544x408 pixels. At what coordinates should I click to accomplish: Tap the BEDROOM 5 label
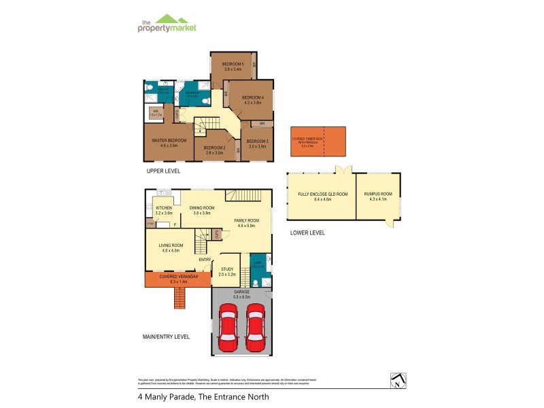point(233,66)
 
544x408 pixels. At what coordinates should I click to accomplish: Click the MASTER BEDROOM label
point(168,143)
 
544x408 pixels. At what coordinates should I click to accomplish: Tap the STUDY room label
point(227,271)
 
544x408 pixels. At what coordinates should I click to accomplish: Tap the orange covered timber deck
point(318,142)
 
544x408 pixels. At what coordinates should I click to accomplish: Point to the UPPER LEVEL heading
point(163,171)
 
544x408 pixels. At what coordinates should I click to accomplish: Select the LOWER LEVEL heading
point(307,233)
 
